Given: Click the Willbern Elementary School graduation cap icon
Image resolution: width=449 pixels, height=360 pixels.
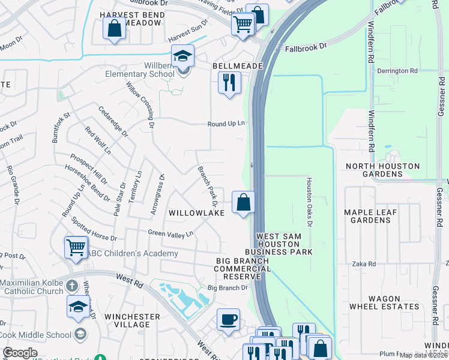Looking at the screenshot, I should (183, 56).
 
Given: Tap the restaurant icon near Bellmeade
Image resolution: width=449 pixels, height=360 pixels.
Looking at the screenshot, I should (229, 82).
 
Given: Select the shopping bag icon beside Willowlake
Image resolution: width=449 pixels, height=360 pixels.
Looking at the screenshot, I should (243, 202).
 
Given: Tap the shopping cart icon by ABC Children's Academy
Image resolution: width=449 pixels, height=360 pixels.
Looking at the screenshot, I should (76, 247).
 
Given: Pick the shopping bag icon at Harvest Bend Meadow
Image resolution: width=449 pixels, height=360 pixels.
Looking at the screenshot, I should (114, 28).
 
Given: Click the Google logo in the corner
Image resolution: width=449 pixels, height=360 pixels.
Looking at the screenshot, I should (20, 353).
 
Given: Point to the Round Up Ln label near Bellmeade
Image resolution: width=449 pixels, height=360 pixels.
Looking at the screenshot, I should (226, 124).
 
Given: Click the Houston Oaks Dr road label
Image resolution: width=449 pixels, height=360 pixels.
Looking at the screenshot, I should (310, 202).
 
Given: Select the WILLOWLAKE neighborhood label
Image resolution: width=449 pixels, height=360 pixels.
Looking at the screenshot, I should (196, 213).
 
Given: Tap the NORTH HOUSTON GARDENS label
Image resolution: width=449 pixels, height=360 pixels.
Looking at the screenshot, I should (381, 170).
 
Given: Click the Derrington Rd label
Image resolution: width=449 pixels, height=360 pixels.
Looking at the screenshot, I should (397, 71).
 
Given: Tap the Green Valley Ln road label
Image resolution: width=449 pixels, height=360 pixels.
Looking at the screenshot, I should (171, 233).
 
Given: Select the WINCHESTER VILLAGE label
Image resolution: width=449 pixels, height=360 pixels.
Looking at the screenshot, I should (132, 320).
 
